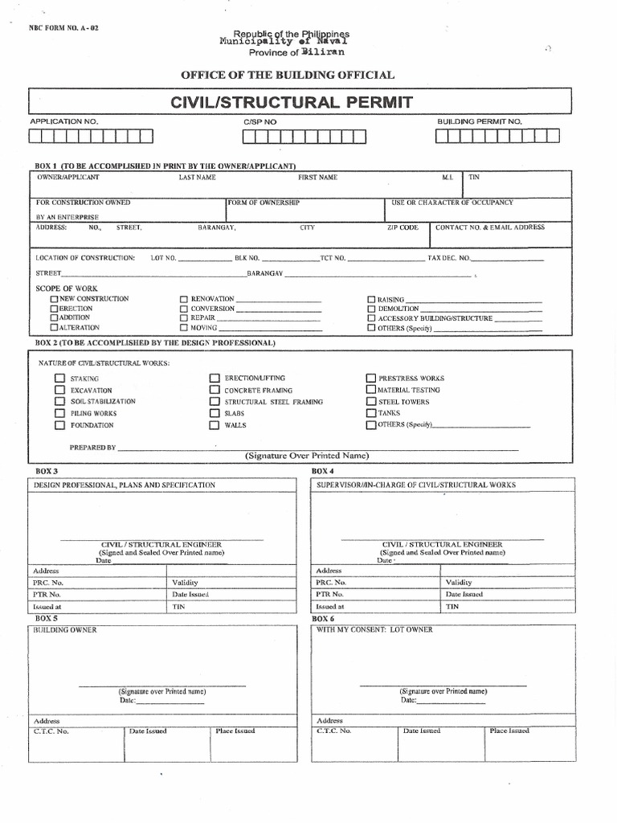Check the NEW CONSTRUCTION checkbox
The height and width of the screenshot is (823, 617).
[54, 299]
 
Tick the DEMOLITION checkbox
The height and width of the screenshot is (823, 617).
[371, 309]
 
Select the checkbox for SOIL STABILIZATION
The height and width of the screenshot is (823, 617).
[59, 401]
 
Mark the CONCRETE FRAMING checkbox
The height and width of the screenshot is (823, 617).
[215, 390]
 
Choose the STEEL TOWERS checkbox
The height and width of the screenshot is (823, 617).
[370, 402]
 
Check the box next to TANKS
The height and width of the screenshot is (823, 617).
[370, 413]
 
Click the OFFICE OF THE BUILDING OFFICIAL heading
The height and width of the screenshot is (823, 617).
[288, 75]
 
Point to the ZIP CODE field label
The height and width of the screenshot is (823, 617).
[402, 227]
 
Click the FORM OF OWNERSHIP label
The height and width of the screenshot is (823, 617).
[264, 203]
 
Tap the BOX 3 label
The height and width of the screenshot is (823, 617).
[47, 470]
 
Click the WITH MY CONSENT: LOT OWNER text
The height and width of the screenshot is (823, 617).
[374, 629]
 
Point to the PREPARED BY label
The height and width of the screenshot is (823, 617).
[92, 447]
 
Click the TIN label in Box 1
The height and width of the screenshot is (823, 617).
[474, 177]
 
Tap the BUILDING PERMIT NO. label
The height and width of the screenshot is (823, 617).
[479, 121]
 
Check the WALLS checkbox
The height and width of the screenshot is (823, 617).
[215, 425]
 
